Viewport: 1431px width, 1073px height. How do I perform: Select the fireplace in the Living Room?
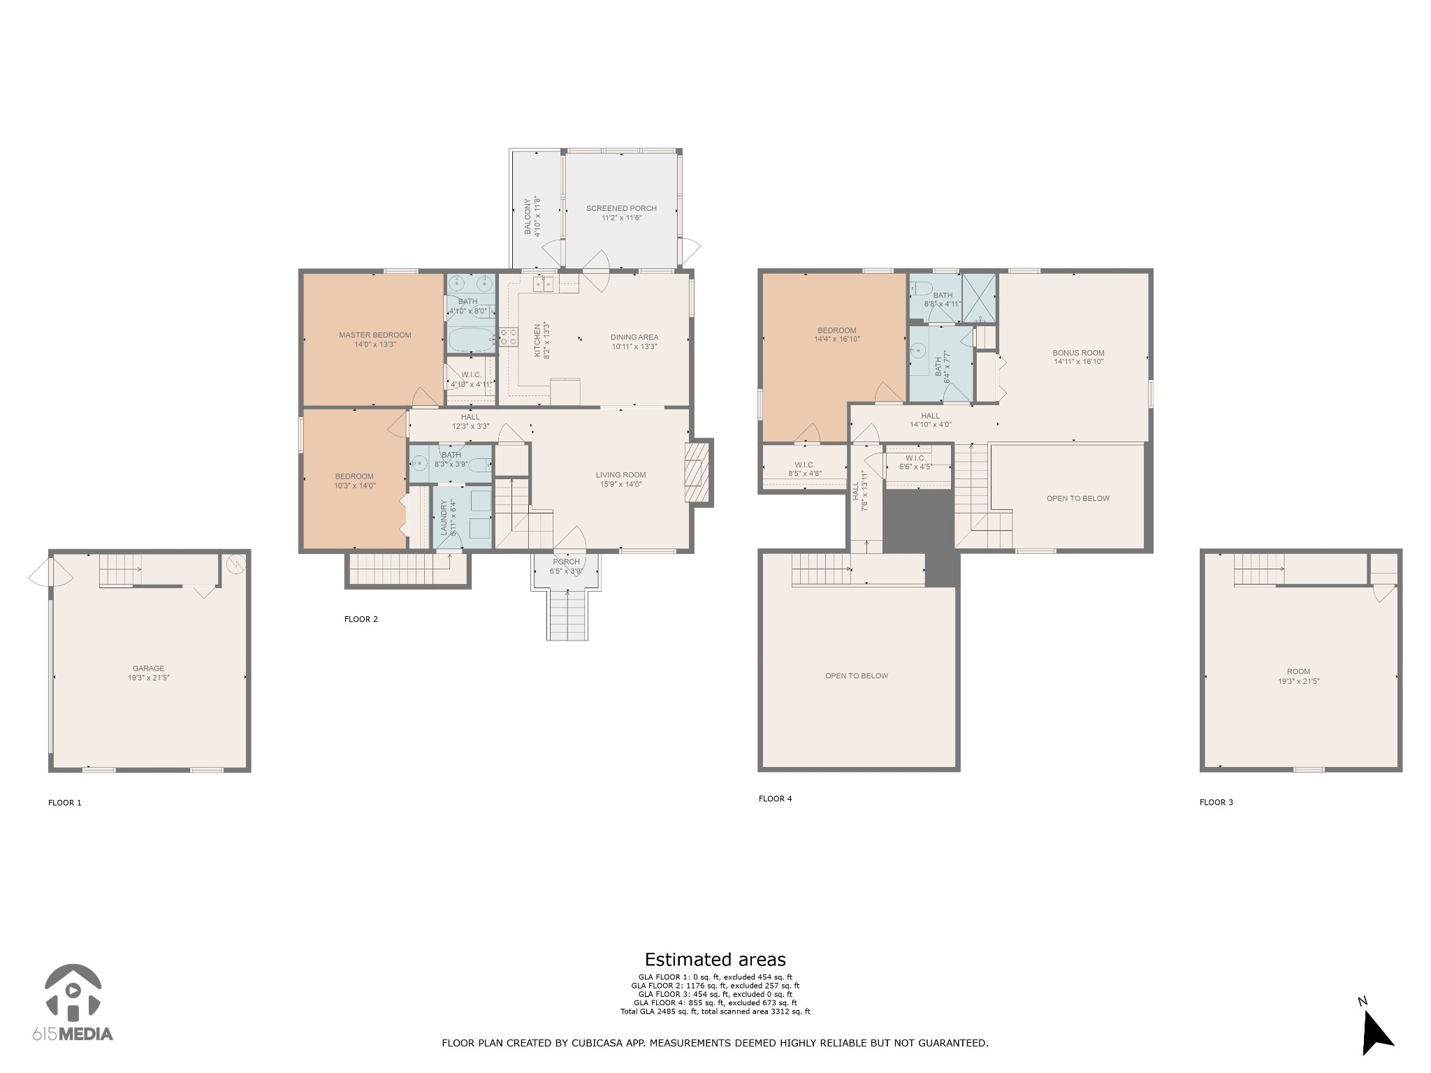click(x=695, y=473)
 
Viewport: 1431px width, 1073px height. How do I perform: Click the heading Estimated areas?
click(x=715, y=959)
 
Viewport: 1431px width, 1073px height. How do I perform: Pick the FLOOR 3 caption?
click(x=1216, y=802)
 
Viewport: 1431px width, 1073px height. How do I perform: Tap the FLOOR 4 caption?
click(x=775, y=798)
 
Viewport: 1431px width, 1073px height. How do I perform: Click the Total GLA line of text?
click(x=715, y=1011)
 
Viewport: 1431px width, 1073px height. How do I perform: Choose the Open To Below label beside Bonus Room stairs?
click(x=1077, y=499)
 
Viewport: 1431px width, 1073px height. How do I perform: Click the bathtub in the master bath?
click(x=470, y=341)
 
